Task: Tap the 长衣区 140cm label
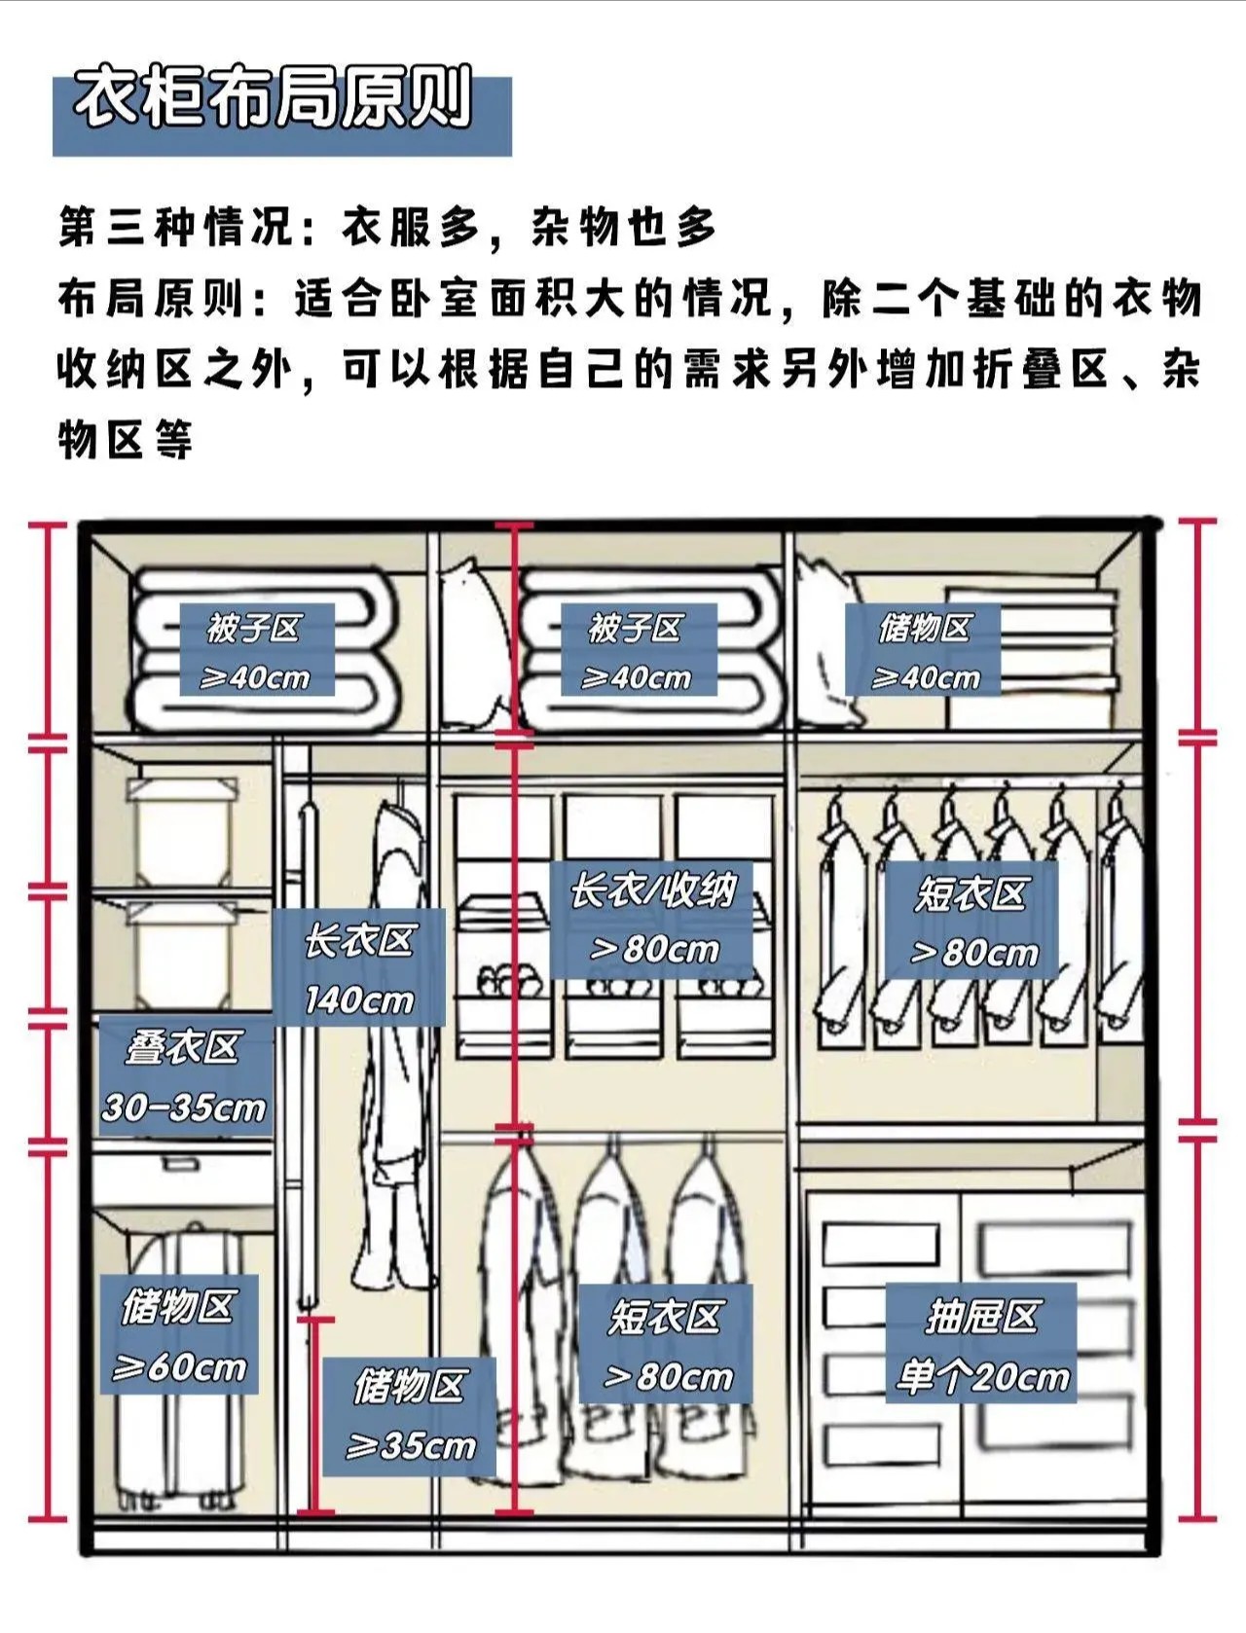pos(359,968)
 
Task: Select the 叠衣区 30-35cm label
pos(184,1077)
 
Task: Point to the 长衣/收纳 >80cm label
pos(652,919)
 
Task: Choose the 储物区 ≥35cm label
pos(410,1416)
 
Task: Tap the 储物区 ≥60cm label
pos(179,1335)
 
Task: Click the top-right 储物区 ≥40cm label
pos(924,651)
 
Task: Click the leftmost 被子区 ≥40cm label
pos(256,650)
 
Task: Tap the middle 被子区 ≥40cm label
pos(639,650)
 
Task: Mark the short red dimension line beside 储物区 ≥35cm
pos(314,1417)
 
